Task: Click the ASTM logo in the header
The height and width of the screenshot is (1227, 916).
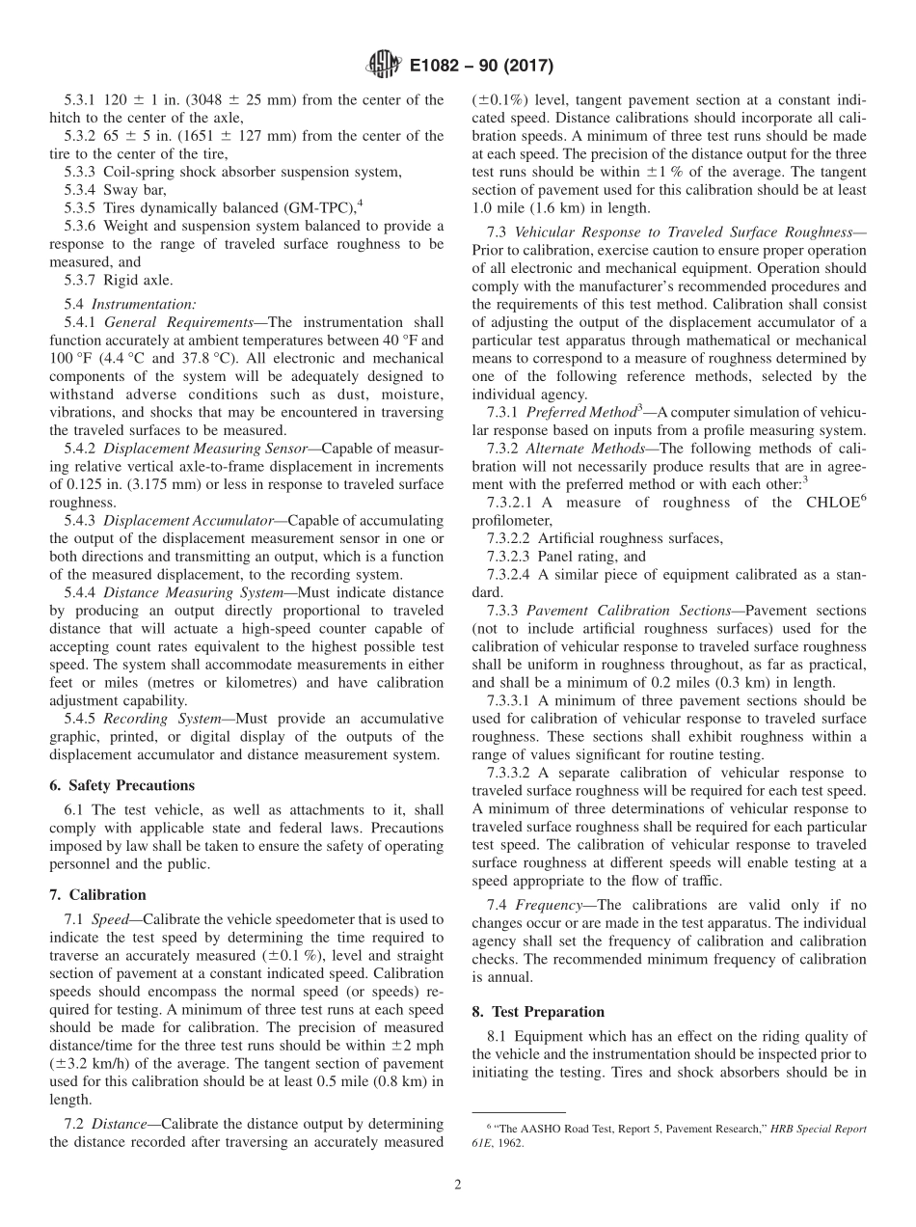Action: coord(384,66)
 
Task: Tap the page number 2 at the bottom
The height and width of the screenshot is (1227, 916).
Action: coord(458,1186)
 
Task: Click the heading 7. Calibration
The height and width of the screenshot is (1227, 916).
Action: coord(97,894)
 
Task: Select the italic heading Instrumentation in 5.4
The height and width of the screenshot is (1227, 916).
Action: coord(143,304)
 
